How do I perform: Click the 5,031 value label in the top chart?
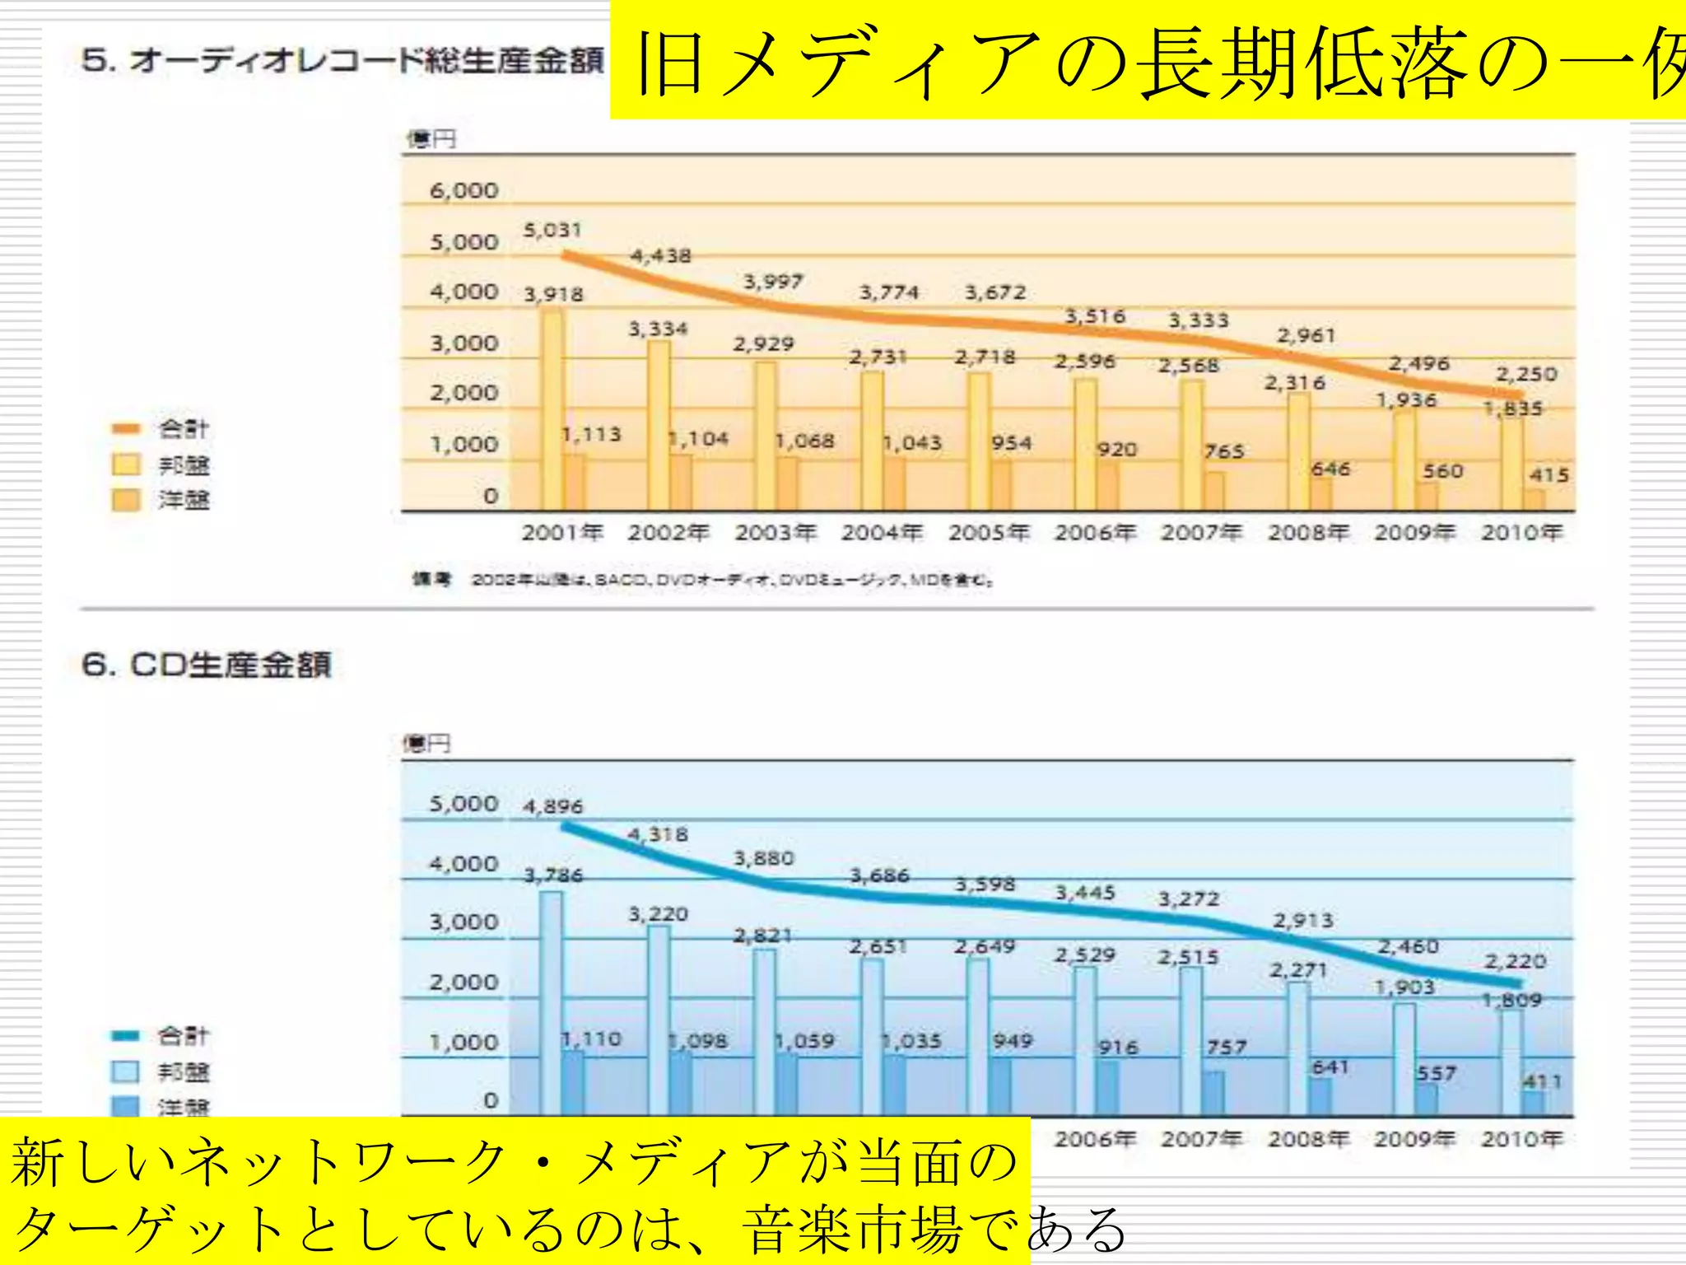552,230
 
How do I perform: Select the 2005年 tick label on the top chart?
988,533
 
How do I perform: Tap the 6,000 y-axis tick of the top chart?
464,191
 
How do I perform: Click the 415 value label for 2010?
1549,475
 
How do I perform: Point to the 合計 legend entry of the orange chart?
183,428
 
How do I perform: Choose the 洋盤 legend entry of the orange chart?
183,500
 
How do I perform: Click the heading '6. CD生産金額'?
207,665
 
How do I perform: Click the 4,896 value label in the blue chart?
552,806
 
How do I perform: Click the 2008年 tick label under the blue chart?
1307,1139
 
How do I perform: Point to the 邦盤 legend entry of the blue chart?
183,1071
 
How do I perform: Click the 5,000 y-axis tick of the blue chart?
463,804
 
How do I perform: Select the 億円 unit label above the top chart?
431,139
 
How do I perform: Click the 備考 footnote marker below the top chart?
431,580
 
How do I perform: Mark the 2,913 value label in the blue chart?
1302,921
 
